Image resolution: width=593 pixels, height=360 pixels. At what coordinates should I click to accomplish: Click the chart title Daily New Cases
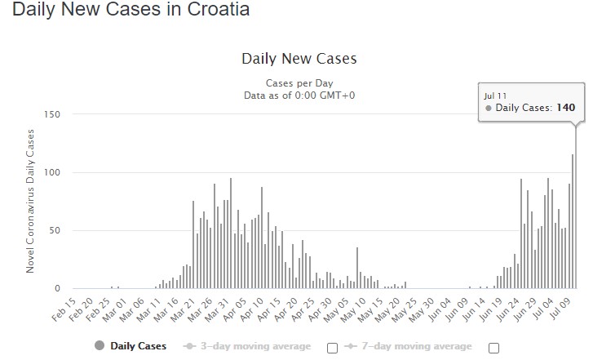coord(299,59)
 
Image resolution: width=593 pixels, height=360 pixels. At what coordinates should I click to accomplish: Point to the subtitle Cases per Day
coord(299,83)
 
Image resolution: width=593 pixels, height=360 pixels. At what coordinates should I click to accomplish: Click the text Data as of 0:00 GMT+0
coord(299,96)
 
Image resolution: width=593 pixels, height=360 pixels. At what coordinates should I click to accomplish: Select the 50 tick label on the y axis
coord(54,230)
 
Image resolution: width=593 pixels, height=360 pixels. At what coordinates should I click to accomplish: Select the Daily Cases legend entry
coord(131,346)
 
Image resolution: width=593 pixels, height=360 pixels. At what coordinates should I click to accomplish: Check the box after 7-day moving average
coord(493,348)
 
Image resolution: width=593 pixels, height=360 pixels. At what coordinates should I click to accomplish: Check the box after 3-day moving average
coord(332,348)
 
